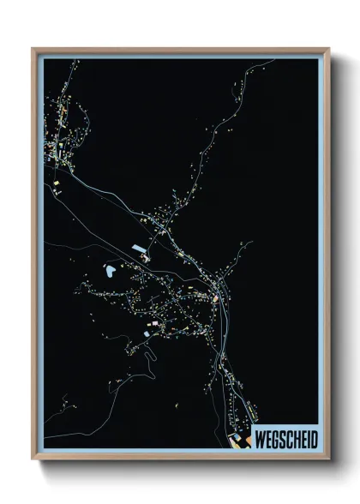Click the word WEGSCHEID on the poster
point(285,440)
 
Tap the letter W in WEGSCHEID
point(260,440)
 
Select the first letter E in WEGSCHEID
point(268,440)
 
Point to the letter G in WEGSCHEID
point(275,440)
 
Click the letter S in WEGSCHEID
point(282,440)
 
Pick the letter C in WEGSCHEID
point(289,440)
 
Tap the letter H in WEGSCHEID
point(296,440)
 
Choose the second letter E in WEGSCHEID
point(303,440)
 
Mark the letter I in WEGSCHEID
point(308,440)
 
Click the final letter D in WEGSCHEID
point(313,440)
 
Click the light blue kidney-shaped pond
point(111,272)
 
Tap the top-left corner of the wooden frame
point(33,49)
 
